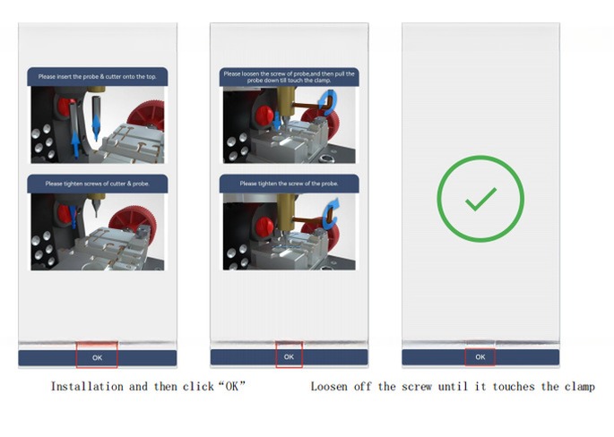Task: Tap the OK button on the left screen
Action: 97,357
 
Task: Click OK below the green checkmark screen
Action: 480,356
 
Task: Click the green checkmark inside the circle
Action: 480,199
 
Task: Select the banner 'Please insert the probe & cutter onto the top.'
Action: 98,77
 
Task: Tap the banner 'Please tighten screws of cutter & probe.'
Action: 98,184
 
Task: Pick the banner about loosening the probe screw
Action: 289,77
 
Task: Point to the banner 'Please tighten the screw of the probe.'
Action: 289,184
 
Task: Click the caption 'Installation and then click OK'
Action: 148,387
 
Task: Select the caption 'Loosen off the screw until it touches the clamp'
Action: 453,387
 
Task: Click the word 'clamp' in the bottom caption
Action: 580,387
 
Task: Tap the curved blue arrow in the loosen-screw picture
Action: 328,101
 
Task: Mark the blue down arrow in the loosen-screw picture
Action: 277,121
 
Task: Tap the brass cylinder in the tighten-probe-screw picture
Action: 286,211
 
